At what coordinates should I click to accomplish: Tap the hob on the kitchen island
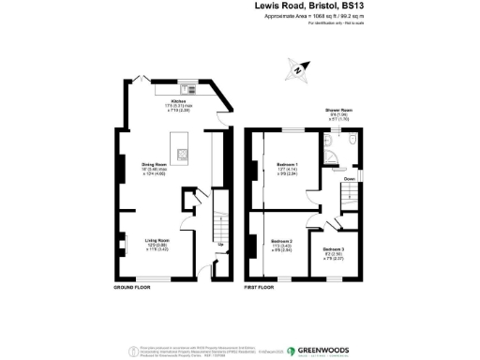point(182,156)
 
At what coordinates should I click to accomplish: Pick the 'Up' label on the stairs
point(220,246)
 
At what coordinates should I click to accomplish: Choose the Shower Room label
point(338,111)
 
